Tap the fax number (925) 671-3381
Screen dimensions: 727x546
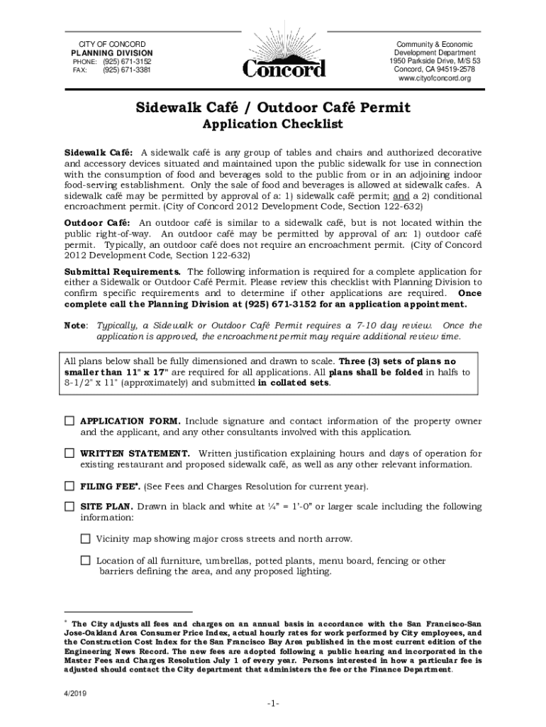coord(126,70)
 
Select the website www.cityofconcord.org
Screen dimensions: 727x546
coord(435,78)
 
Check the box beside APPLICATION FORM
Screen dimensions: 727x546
coord(69,421)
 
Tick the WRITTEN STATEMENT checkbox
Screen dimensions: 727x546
coord(69,452)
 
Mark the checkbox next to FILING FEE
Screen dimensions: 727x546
coord(69,486)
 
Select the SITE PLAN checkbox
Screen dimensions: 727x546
coord(69,506)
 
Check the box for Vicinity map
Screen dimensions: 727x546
coord(86,538)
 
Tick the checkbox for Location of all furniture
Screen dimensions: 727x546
coord(86,560)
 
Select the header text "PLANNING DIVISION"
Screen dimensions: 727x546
coord(111,53)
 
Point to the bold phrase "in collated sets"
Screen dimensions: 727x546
coord(294,382)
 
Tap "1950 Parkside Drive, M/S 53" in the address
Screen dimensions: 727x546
coord(435,61)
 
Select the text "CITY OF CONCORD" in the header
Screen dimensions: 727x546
coord(111,45)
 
